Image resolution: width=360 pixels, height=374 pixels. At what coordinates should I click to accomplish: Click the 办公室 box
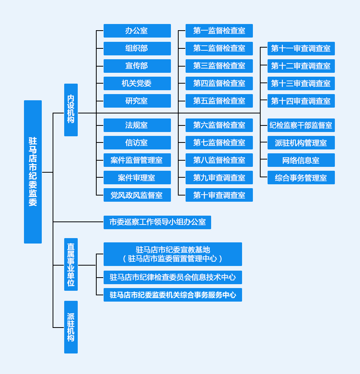pos(137,31)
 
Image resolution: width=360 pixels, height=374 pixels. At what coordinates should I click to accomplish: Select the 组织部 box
pos(137,48)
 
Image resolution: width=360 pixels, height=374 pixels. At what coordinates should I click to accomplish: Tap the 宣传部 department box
pos(137,66)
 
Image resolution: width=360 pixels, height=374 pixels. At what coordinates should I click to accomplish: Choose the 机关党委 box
pos(137,83)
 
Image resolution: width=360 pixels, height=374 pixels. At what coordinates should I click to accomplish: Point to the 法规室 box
pos(137,125)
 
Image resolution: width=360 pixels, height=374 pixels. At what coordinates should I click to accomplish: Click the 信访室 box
pos(137,142)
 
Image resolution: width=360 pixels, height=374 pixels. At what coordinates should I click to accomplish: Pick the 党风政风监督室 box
pos(137,195)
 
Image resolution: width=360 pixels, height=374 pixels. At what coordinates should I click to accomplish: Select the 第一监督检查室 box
pos(219,31)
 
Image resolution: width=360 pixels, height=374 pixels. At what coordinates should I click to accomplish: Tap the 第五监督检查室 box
pos(219,101)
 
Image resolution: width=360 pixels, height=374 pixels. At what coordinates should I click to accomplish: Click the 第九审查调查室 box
pos(219,178)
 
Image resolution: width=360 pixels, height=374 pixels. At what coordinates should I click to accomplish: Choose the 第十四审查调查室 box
pos(301,101)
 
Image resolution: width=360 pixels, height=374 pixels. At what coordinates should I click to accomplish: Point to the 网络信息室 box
pos(301,160)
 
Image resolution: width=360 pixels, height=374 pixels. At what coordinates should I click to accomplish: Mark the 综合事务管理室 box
pos(301,178)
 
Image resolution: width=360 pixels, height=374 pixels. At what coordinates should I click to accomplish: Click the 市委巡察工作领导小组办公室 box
pos(157,222)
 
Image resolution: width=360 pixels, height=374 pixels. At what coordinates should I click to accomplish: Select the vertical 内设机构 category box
pos(71,110)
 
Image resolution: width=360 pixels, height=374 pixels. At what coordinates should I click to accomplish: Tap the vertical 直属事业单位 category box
pos(71,264)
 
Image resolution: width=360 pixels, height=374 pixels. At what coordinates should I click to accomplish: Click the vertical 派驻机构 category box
pos(71,327)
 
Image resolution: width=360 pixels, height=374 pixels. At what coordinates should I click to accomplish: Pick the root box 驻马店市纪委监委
pos(33,172)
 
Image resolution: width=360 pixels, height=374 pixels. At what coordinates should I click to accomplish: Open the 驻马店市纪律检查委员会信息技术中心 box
pos(172,277)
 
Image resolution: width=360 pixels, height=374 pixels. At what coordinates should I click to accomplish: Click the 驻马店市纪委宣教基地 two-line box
pos(172,254)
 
